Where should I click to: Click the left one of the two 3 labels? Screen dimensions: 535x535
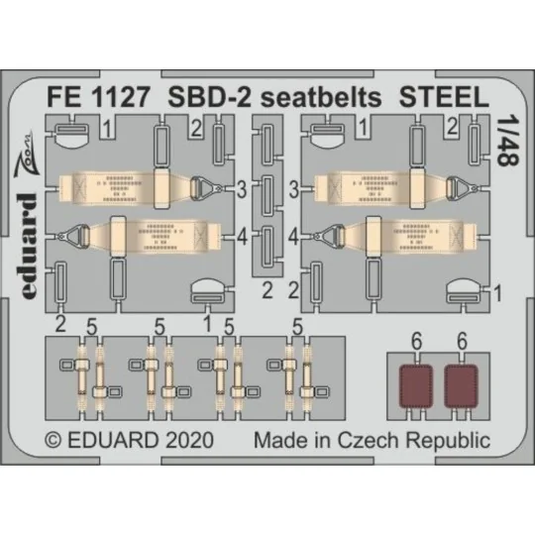click(241, 185)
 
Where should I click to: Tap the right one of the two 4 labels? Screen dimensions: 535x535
click(294, 237)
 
